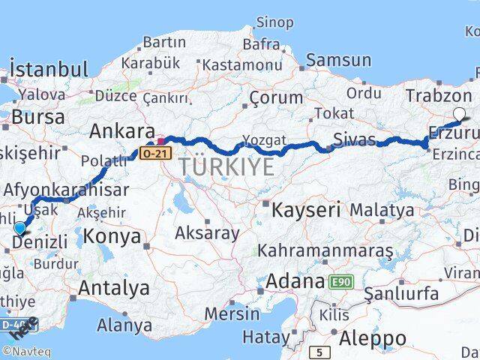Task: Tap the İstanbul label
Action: point(49,70)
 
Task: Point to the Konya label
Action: point(113,236)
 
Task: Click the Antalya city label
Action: point(113,287)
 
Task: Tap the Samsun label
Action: point(338,61)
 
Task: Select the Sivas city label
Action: point(352,139)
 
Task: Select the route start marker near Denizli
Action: point(19,227)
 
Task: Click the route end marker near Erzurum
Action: point(459,114)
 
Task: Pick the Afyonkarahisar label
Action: point(65,190)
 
